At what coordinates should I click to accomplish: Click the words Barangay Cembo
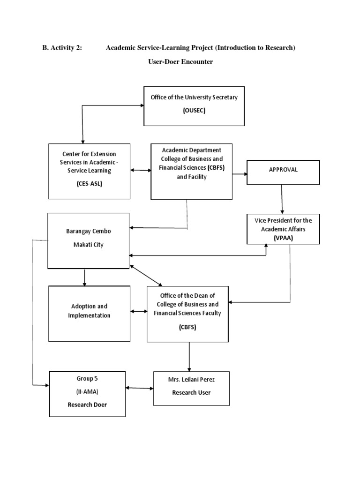tap(89, 232)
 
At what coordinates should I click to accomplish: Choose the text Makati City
tap(89, 245)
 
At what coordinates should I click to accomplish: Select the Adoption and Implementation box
tap(89, 311)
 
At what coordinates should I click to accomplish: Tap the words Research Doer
tap(88, 404)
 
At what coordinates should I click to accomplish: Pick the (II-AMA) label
tap(88, 391)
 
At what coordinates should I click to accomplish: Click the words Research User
tap(191, 392)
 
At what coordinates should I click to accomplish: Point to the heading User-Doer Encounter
tap(180, 62)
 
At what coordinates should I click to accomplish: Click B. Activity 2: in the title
tap(62, 48)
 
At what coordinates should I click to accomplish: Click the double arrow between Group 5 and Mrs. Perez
tap(140, 388)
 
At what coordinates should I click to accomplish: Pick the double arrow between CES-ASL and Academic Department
tap(141, 171)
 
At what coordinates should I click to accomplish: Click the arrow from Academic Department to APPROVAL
tap(240, 174)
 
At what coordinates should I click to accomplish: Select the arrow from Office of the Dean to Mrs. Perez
tap(189, 356)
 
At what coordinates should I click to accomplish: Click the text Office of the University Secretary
tap(194, 97)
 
